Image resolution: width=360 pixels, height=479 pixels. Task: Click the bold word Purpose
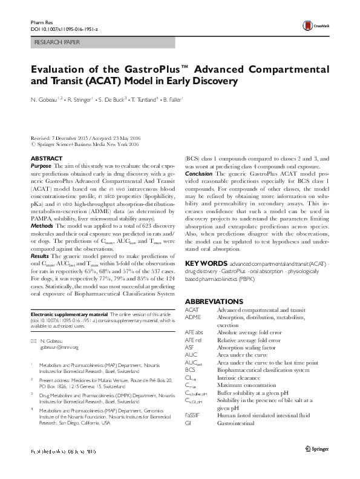click(x=41, y=165)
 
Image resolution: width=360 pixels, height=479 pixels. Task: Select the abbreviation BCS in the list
click(x=190, y=369)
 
